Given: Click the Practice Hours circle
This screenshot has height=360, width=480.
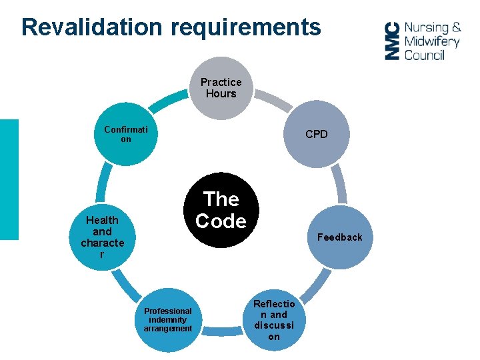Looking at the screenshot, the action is (221, 88).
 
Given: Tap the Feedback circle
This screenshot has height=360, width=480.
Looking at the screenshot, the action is (340, 237).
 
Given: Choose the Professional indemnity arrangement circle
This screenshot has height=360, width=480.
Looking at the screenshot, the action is (167, 320).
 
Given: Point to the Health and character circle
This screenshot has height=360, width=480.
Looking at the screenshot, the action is (102, 237).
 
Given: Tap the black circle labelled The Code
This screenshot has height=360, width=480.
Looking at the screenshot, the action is (221, 210).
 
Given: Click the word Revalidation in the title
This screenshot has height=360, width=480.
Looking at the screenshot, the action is (91, 27).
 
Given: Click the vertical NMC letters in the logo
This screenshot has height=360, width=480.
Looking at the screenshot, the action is (393, 41).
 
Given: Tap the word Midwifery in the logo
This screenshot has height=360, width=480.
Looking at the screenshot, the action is (432, 41).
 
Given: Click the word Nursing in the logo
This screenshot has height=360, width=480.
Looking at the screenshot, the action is (427, 27).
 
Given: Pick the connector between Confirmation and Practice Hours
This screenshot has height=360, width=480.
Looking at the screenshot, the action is (166, 99).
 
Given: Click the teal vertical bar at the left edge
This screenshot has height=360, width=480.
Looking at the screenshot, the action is (9, 179).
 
